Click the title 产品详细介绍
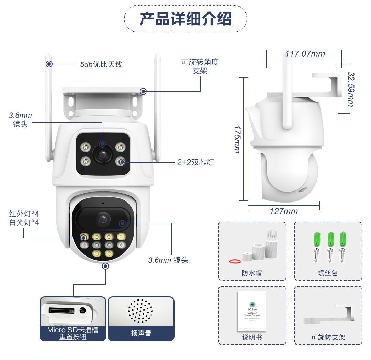coord(185,19)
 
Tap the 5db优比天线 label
coord(101,64)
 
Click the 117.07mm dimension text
coord(305,54)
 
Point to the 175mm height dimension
coord(237,139)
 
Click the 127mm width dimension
coord(284,211)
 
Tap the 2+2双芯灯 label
coord(195,162)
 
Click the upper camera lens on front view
coord(102,155)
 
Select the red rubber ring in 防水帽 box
coord(235,261)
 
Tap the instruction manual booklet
coord(252,311)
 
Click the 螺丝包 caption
coord(328,273)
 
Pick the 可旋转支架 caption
coord(328,337)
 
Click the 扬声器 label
coord(141,333)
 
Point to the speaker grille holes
coord(140,311)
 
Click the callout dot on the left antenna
coord(49,64)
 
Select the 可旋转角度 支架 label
coord(200,66)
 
